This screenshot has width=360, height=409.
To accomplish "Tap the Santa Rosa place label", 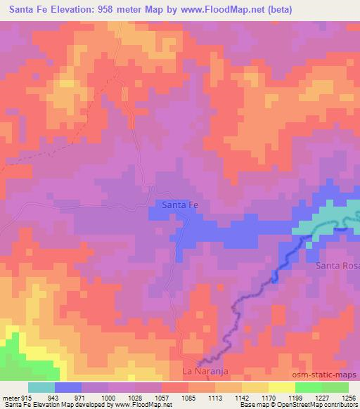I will coord(337,265).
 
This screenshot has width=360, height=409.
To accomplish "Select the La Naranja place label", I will coord(206,370).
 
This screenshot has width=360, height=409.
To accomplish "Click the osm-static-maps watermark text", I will coord(330,375).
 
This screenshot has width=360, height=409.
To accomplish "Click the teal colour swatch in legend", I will coord(41,387).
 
